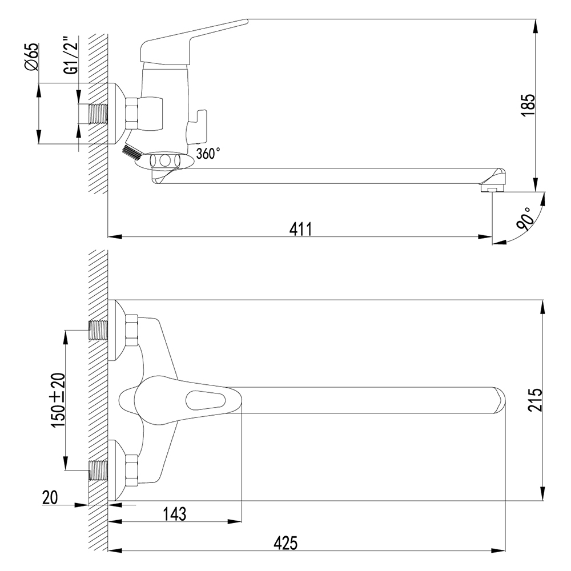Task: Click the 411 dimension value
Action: pyautogui.click(x=301, y=230)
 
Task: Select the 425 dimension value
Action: pyautogui.click(x=286, y=544)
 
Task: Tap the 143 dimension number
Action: pyautogui.click(x=174, y=514)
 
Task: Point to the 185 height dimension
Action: pyautogui.click(x=528, y=106)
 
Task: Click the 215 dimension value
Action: pyautogui.click(x=535, y=400)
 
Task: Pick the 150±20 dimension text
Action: pyautogui.click(x=58, y=400)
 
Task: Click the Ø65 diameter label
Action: pyautogui.click(x=31, y=58)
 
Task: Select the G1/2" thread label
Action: pyautogui.click(x=72, y=55)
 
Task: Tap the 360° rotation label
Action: pyautogui.click(x=208, y=153)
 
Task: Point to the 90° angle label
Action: pyautogui.click(x=526, y=219)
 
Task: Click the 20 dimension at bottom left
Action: pyautogui.click(x=50, y=497)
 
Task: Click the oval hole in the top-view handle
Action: pyautogui.click(x=206, y=400)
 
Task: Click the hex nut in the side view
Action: pyautogui.click(x=132, y=113)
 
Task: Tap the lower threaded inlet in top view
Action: pyautogui.click(x=98, y=470)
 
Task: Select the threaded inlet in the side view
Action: pyautogui.click(x=98, y=113)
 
